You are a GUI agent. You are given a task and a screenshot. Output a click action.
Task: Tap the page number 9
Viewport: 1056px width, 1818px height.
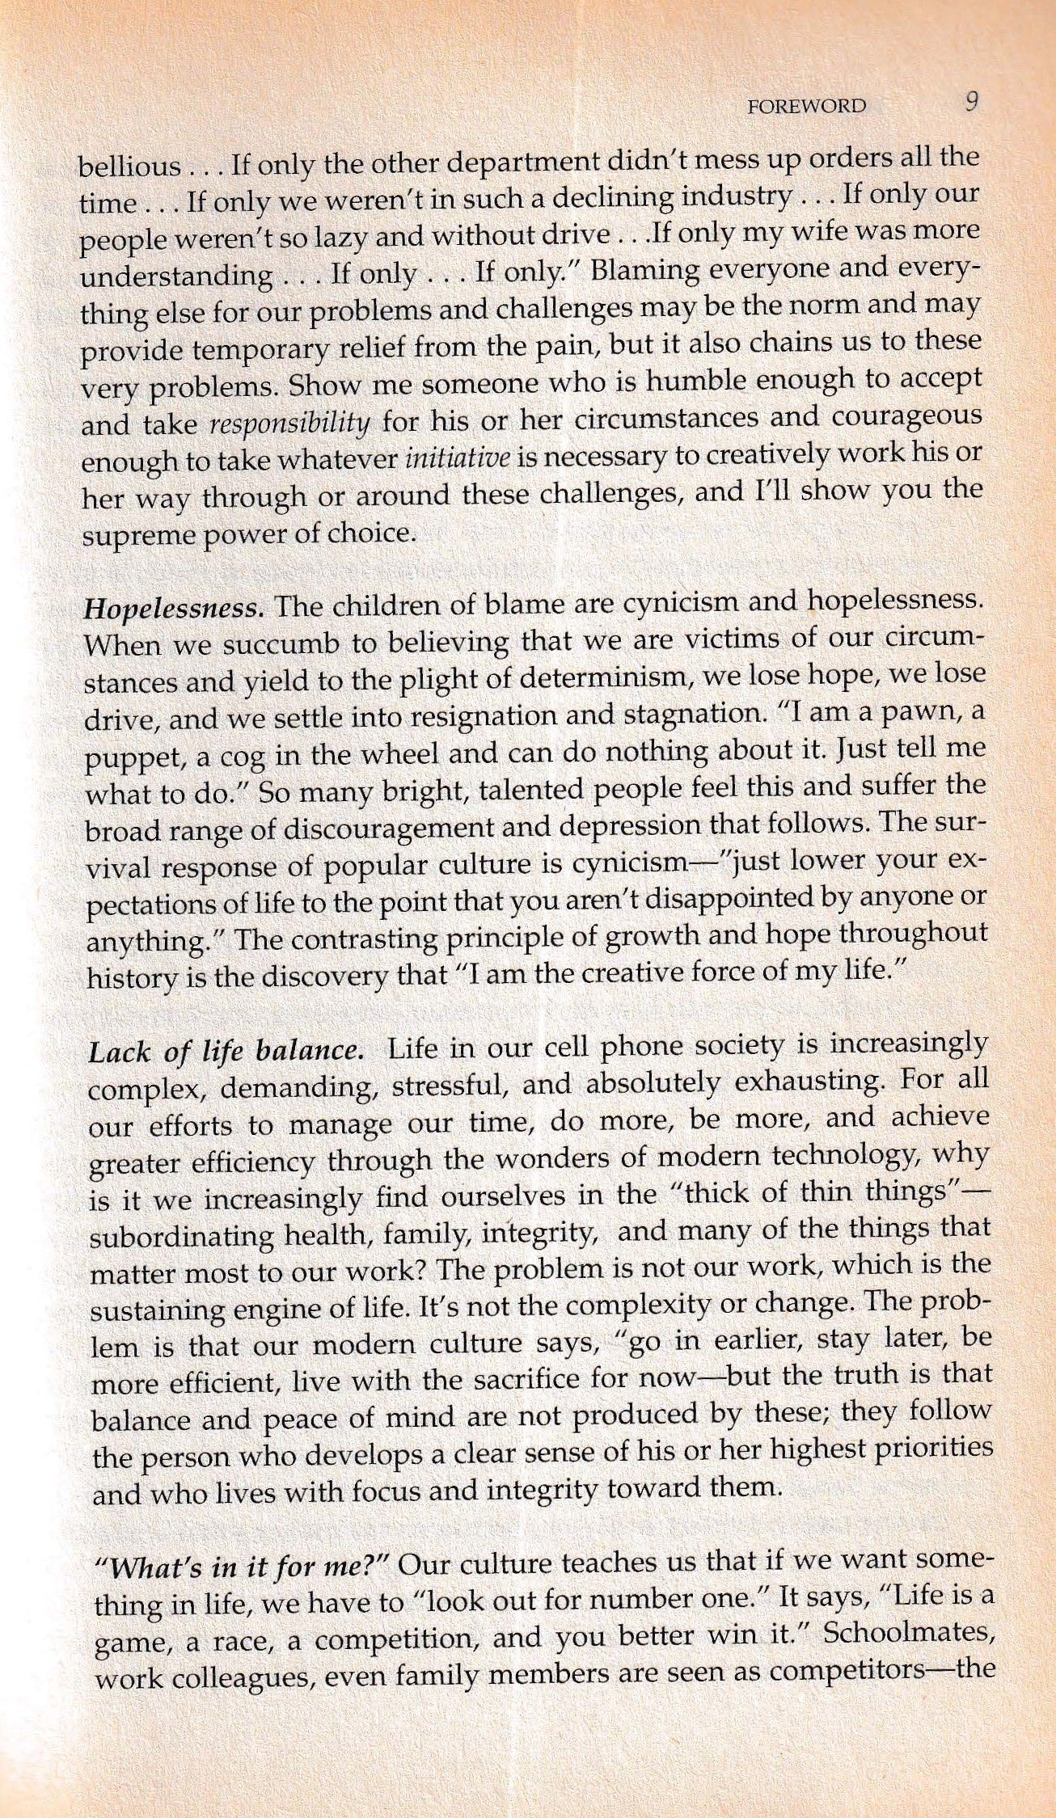pyautogui.click(x=971, y=103)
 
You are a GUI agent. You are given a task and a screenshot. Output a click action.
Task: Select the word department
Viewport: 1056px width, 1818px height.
pyautogui.click(x=519, y=162)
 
